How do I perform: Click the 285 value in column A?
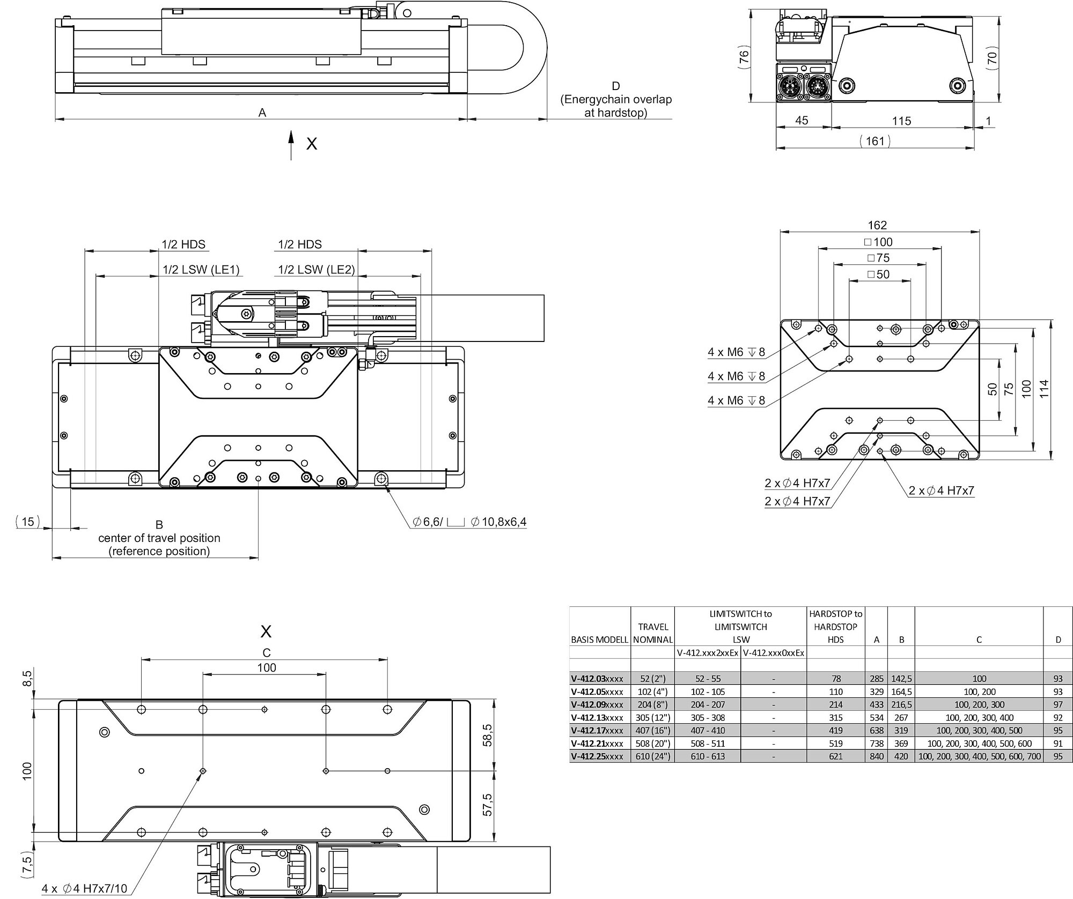point(876,679)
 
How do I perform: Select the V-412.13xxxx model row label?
point(597,717)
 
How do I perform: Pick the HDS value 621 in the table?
point(836,756)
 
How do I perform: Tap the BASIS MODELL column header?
point(600,640)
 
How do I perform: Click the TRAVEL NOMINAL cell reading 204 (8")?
point(652,704)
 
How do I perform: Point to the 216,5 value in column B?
point(901,704)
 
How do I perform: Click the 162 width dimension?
point(877,225)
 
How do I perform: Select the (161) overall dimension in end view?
point(875,141)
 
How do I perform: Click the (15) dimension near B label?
point(27,521)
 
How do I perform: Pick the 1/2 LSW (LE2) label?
point(317,270)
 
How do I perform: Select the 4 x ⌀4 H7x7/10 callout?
point(85,888)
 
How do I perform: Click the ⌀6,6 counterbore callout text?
point(470,522)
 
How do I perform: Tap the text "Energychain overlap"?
point(616,99)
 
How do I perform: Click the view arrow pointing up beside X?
point(291,145)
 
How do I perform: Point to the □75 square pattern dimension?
point(878,258)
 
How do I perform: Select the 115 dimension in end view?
point(902,121)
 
